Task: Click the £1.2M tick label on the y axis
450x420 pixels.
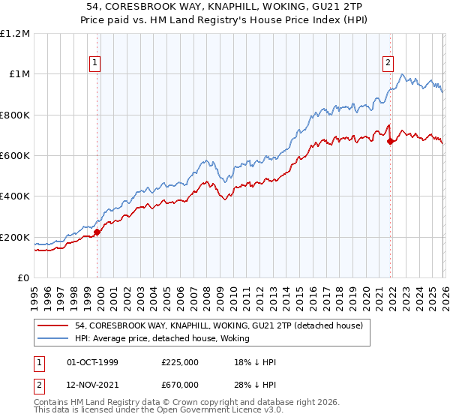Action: [x=15, y=34]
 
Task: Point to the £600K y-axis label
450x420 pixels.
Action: [x=15, y=156]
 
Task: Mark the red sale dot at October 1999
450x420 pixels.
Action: [x=97, y=232]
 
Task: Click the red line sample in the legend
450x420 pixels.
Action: [x=55, y=325]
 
